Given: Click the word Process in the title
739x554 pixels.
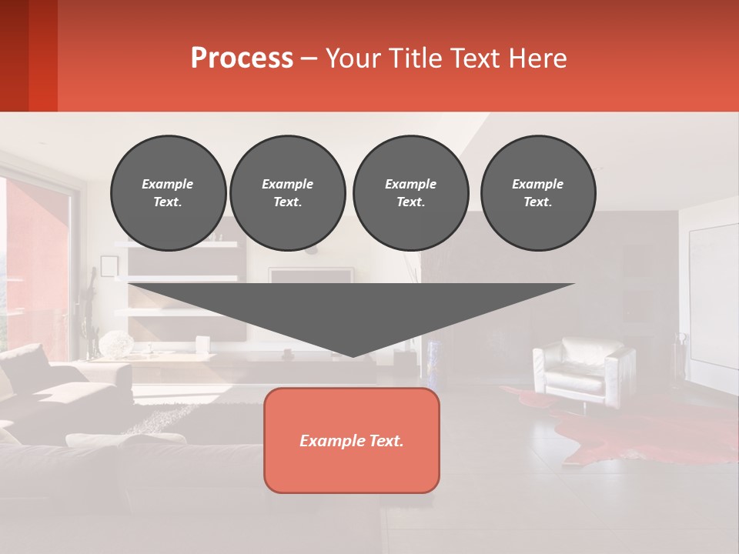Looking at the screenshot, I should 242,58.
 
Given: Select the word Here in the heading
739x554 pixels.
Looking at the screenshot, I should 537,58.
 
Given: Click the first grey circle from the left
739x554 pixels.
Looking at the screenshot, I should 168,193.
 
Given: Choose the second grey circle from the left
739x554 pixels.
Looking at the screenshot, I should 287,193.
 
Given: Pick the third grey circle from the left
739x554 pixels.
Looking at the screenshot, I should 410,193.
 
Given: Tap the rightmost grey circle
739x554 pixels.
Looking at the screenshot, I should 537,193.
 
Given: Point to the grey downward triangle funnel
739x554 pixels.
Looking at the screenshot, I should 351,308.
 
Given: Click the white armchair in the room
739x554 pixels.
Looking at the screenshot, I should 584,369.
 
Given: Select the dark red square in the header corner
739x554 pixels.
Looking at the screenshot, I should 28,55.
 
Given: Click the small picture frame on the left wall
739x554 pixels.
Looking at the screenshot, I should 109,266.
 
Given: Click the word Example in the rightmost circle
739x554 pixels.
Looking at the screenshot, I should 537,184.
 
